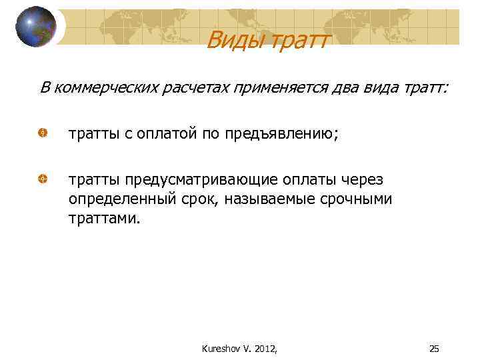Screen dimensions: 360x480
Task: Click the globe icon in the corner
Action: point(36,26)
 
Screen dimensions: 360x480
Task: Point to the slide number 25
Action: point(434,347)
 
